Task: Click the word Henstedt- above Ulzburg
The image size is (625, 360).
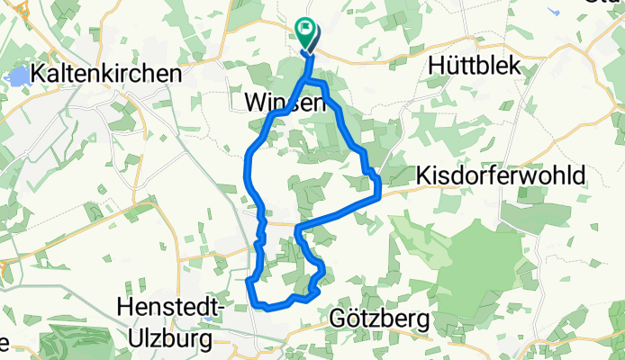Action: point(170,307)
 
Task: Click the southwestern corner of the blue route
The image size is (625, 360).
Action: point(249,282)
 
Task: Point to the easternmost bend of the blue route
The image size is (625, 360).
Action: point(380,187)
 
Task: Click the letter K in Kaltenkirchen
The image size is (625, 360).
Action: point(37,74)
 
